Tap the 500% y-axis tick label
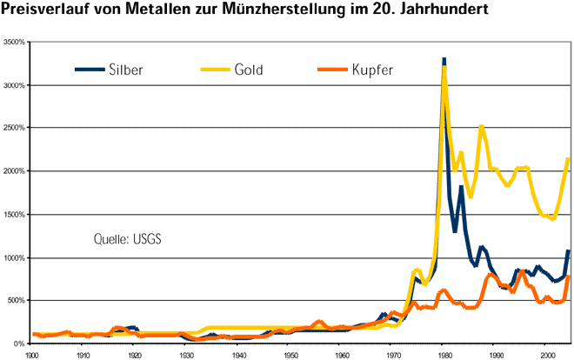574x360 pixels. coord(17,301)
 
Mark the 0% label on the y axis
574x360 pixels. coord(21,343)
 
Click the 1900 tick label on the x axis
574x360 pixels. coord(32,355)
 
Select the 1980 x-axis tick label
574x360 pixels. coord(445,355)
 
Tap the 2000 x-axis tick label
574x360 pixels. coord(548,355)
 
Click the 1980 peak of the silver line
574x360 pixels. coord(444,59)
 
